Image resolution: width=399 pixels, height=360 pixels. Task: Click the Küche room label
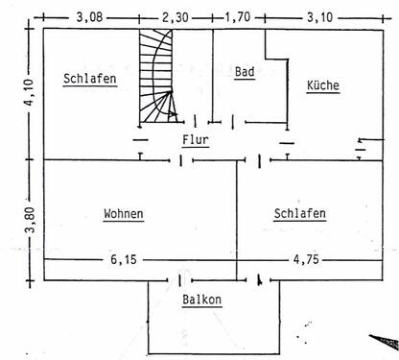pos(322,85)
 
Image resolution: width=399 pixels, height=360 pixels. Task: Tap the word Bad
pos(244,72)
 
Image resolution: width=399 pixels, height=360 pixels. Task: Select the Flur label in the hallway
pos(196,139)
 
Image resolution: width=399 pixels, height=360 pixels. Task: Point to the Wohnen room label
pos(124,213)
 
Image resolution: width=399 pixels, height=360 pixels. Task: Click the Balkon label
pos(202,300)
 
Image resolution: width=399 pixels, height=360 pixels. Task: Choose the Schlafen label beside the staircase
pos(90,80)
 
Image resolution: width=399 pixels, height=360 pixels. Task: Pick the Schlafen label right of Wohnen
pos(299,213)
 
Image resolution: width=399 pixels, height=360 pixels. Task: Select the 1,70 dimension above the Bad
pos(238,16)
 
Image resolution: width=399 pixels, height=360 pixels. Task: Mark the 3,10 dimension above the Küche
pos(315,16)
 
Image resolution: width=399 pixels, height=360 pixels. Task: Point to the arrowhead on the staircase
pos(173,113)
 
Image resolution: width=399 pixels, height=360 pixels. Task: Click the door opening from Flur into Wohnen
pos(181,159)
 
